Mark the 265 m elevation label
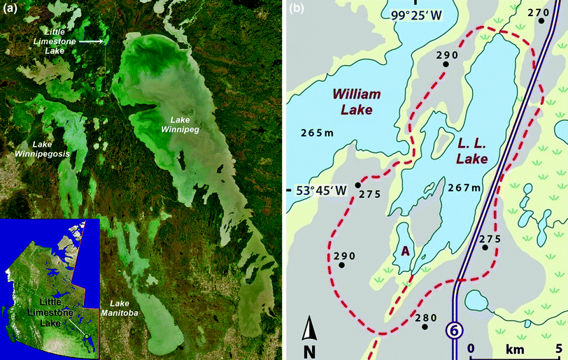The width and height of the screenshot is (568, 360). point(315,134)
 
